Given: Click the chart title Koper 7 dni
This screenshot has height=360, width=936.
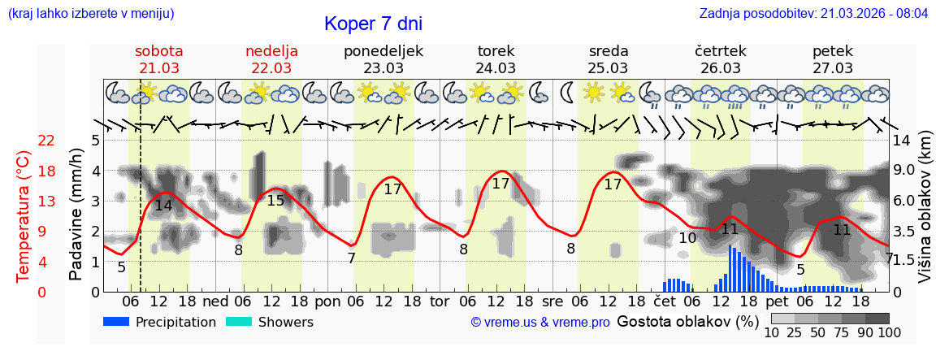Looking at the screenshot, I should pos(373,24).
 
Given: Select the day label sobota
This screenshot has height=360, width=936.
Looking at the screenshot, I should pos(158,50).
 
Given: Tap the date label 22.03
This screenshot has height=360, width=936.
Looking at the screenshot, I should pos(271,67).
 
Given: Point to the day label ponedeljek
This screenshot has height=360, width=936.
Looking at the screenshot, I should pos(383,50).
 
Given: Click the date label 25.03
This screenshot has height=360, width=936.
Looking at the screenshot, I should pos(609,67).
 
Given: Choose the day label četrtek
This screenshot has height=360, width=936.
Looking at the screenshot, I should pos(721,50).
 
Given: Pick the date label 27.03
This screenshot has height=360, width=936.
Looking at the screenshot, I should pos(833,67).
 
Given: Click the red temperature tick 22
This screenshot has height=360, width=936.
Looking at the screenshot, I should pos(46,141).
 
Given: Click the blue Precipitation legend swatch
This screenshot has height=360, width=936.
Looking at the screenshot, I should pos(116,322).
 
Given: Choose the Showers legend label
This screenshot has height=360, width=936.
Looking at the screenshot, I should pos(285,322).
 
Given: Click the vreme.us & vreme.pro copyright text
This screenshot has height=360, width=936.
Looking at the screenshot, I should pos(540,323).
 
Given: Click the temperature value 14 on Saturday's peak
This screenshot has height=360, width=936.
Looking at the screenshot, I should pos(163,206).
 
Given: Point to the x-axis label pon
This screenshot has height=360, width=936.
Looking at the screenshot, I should pos(327,301).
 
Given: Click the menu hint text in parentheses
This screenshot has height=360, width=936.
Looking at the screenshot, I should pos(91,14).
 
